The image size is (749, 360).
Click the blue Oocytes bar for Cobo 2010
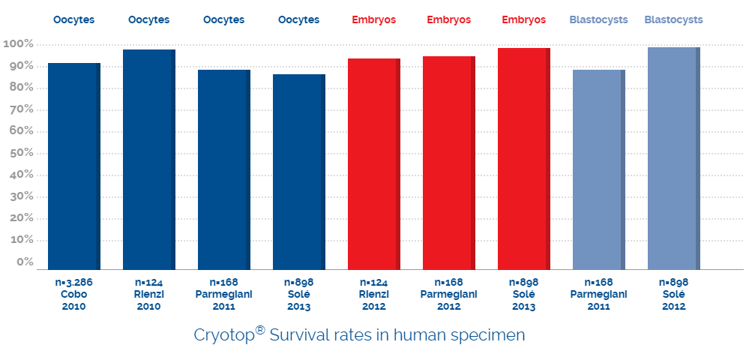[x=74, y=166]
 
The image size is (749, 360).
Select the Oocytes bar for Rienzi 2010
[x=149, y=160]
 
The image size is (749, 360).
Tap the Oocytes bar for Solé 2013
[x=299, y=172]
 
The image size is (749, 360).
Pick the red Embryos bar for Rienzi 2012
[x=374, y=164]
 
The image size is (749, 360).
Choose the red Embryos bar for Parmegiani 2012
[x=449, y=163]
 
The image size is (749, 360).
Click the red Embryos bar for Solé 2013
[x=524, y=159]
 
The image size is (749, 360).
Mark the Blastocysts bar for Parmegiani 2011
[x=599, y=169]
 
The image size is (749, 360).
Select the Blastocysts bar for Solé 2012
[x=674, y=159]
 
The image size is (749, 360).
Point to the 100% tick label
[x=18, y=44]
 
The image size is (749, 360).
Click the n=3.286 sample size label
[x=74, y=282]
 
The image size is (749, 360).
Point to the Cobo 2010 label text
[x=74, y=300]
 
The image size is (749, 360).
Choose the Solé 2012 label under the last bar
[x=674, y=300]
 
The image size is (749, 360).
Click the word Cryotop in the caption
[x=226, y=335]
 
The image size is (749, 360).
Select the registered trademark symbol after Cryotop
[x=261, y=330]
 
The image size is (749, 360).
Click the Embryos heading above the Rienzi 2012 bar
[x=374, y=20]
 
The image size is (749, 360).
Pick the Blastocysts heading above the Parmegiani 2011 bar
[x=599, y=20]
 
